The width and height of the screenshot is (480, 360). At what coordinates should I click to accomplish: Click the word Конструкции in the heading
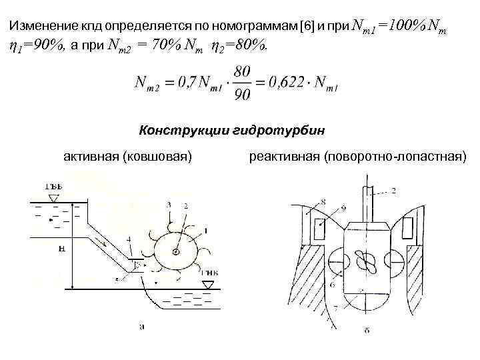(179, 129)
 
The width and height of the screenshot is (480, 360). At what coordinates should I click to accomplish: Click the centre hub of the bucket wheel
(176, 252)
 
